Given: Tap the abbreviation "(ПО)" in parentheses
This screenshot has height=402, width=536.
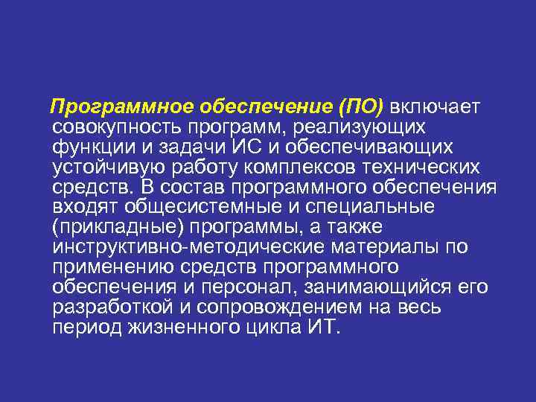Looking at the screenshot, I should point(361,108).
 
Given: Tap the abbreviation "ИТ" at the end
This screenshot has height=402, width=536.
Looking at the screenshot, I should point(321,327).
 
